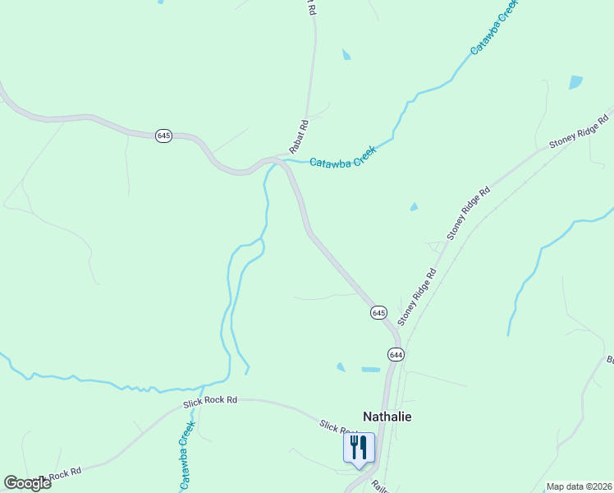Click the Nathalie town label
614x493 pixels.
(387, 417)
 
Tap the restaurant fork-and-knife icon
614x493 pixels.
(359, 448)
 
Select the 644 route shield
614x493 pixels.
(396, 354)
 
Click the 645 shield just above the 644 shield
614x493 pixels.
(378, 313)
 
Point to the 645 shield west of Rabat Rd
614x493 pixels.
(163, 136)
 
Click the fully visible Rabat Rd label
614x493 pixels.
(298, 137)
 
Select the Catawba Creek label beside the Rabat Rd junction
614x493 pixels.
(342, 158)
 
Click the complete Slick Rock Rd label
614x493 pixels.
(210, 400)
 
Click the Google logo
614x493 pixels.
(27, 483)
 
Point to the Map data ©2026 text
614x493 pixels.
(579, 486)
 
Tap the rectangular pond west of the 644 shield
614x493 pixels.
(371, 370)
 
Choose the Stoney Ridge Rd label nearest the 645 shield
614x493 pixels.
(416, 297)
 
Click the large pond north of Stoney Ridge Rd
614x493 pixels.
(575, 82)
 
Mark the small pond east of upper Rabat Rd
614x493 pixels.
(346, 55)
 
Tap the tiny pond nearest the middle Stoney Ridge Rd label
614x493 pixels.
(414, 207)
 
